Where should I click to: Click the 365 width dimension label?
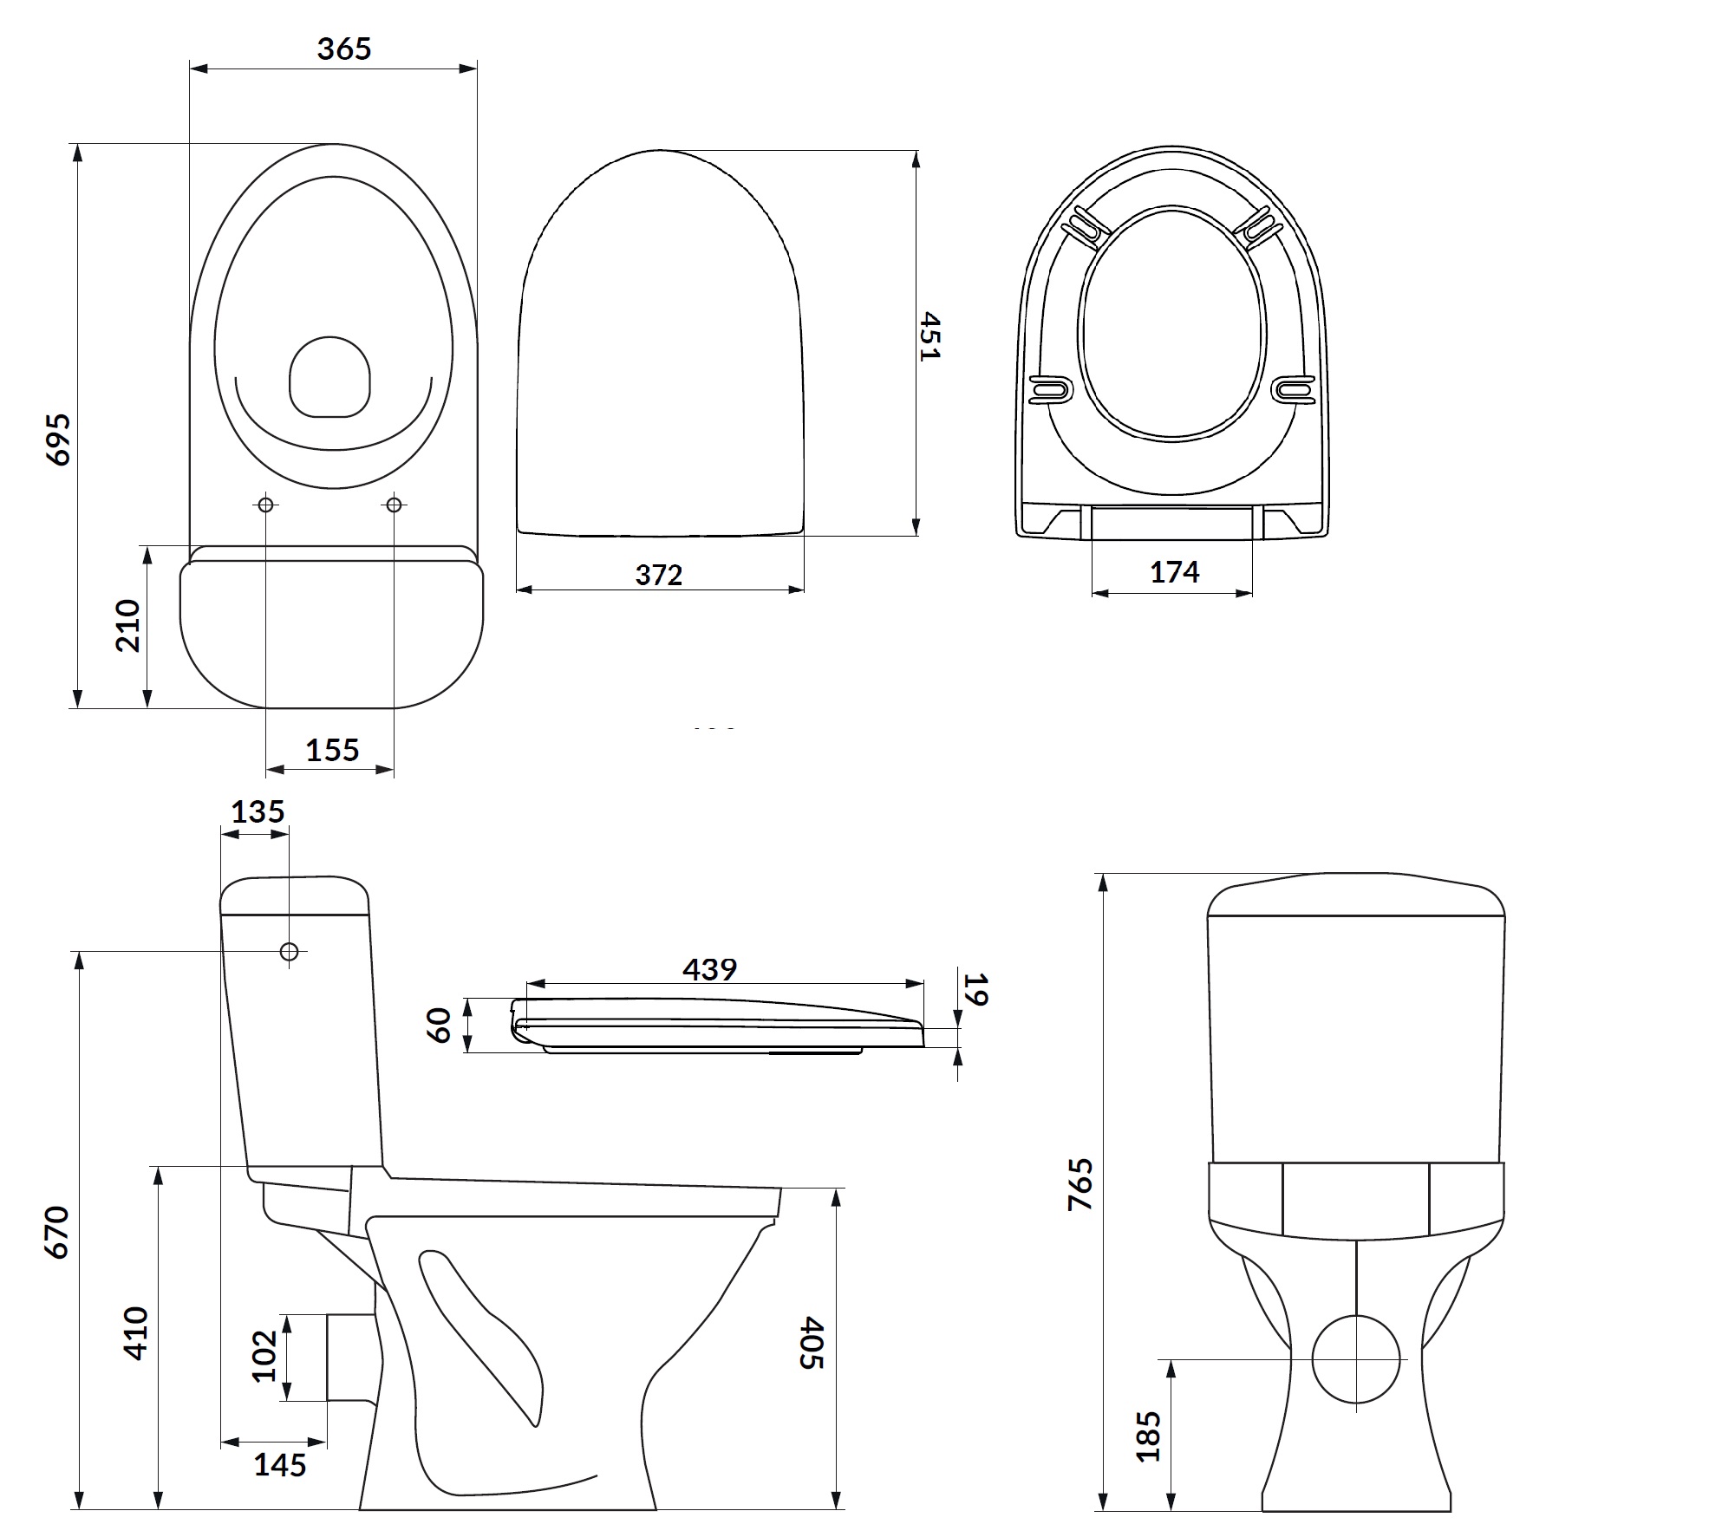pos(343,49)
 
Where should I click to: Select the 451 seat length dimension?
pos(929,335)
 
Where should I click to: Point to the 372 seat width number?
pos(658,575)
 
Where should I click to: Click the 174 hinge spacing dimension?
pos(1174,572)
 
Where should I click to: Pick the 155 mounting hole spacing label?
pos(331,750)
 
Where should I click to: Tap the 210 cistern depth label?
pos(128,625)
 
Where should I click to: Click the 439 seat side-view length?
pos(709,968)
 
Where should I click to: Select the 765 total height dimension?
pos(1081,1184)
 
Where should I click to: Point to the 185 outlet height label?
pos(1148,1436)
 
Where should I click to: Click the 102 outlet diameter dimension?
pos(264,1357)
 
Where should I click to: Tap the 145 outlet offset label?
pos(279,1465)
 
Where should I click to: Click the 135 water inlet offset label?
pos(258,812)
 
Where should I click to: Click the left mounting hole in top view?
pos(266,505)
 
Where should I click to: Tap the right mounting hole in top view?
pos(395,505)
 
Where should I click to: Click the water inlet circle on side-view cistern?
pos(290,952)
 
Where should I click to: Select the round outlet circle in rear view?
pos(1356,1359)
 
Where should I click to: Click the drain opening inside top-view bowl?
pos(329,377)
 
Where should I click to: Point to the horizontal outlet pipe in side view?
pos(349,1357)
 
